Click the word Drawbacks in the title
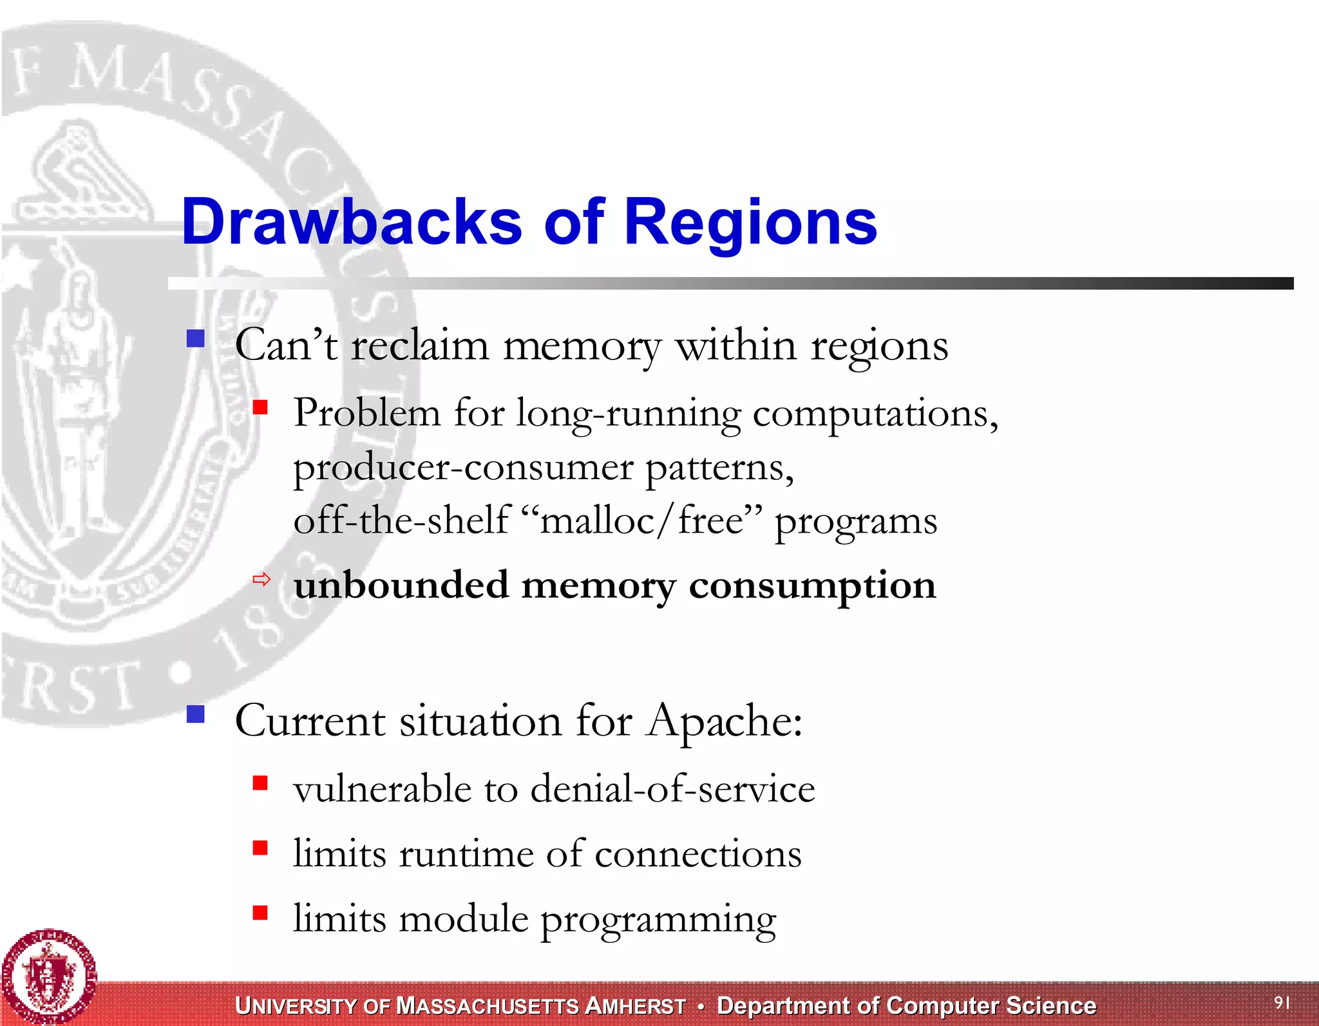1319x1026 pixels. click(x=352, y=222)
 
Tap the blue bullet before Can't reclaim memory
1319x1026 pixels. click(x=195, y=339)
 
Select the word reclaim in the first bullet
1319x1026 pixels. click(x=419, y=346)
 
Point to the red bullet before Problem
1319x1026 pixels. click(x=260, y=408)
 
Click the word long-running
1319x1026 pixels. click(x=628, y=414)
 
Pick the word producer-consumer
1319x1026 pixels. click(x=463, y=468)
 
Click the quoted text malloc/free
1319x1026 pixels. click(x=641, y=520)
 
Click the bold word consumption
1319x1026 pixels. click(x=812, y=587)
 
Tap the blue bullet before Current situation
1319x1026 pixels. click(x=195, y=714)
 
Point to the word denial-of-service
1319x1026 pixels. click(x=672, y=789)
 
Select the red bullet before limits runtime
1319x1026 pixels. click(x=260, y=848)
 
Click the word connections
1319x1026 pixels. click(x=698, y=854)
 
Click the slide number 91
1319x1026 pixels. click(x=1282, y=1002)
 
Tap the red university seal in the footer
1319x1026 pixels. click(x=49, y=976)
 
